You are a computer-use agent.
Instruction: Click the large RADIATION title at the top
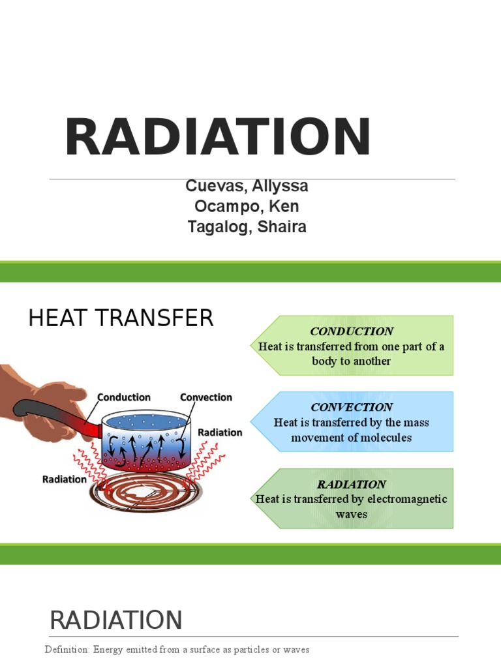pos(218,138)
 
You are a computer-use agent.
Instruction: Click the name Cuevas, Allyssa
pos(247,187)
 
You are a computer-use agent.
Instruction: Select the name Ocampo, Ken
pos(247,207)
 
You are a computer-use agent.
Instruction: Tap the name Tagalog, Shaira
pos(247,227)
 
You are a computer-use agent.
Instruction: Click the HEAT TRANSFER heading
pos(121,318)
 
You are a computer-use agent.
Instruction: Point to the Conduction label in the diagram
pos(124,397)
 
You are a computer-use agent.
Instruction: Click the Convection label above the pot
pos(205,397)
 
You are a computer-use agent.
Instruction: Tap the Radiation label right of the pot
pos(220,433)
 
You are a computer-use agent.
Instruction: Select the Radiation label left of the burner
pos(64,479)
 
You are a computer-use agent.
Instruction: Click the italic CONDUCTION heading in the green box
pos(352,331)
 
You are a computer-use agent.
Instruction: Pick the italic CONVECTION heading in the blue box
pos(352,408)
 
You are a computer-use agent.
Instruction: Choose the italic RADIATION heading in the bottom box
pos(352,484)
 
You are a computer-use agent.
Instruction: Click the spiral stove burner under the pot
pos(145,493)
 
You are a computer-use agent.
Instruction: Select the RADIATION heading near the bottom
pos(116,620)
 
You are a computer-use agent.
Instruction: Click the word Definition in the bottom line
pos(67,650)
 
